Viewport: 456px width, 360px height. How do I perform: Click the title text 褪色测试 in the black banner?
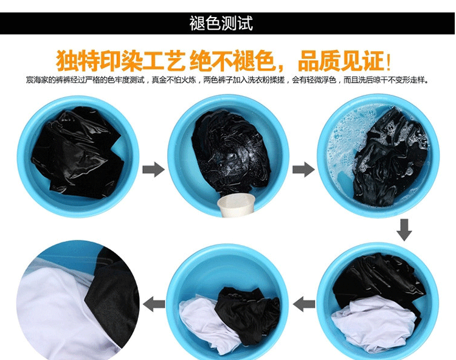(x=221, y=23)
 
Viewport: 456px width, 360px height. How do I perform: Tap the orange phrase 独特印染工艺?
(x=120, y=61)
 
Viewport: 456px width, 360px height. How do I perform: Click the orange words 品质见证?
(x=340, y=61)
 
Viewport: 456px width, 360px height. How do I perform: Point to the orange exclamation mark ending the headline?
(x=388, y=61)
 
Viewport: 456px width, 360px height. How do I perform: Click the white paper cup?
(x=237, y=206)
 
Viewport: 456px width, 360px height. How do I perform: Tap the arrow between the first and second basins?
(x=153, y=169)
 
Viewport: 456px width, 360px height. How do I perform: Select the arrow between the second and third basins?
(x=303, y=169)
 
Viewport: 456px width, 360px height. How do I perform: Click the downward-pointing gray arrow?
(x=404, y=230)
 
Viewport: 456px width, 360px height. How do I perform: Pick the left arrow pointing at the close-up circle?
(x=154, y=304)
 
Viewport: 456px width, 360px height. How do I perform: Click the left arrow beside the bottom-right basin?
(x=304, y=304)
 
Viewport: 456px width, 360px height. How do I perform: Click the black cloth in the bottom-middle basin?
(x=247, y=314)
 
